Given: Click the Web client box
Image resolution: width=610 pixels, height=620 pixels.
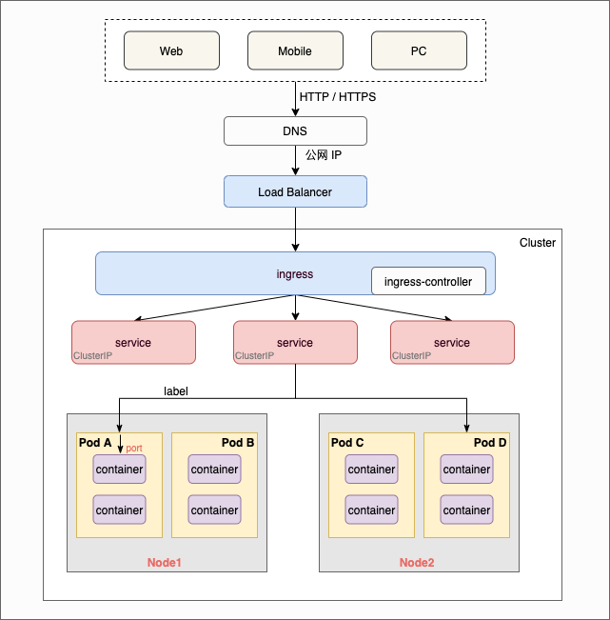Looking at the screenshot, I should (x=171, y=51).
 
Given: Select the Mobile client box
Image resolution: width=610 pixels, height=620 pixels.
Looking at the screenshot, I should (x=295, y=51).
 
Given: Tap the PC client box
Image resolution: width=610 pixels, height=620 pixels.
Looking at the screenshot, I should (x=419, y=51).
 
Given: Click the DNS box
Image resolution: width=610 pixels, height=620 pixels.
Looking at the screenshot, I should (x=295, y=130).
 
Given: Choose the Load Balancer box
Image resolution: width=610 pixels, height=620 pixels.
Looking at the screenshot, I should (x=295, y=191).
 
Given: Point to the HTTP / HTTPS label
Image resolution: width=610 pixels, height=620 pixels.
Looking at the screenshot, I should (x=338, y=97).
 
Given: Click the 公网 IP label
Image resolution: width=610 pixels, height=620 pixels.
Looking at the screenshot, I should (x=323, y=154).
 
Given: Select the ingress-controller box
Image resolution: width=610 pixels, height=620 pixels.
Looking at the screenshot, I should (x=427, y=282).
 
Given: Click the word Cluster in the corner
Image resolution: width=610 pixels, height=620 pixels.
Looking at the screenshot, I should (x=538, y=243).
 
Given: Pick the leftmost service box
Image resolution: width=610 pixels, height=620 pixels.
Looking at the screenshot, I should (x=133, y=342).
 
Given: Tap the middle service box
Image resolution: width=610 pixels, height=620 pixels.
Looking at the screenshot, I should (x=295, y=342).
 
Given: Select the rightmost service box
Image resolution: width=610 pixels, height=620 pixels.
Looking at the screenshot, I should (x=452, y=342).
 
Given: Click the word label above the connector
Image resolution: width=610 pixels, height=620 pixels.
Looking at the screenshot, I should (x=176, y=391).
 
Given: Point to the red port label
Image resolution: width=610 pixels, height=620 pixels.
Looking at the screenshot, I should (x=134, y=448).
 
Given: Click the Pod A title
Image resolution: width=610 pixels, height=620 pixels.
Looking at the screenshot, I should (x=95, y=443).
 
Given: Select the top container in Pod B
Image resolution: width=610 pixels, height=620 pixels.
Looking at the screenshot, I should (x=214, y=470).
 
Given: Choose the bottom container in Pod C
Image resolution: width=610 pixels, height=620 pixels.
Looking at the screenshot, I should (x=371, y=510).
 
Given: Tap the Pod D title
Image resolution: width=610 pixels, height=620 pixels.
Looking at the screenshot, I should (x=489, y=443).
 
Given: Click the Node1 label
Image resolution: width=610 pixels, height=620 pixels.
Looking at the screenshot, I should (x=164, y=563).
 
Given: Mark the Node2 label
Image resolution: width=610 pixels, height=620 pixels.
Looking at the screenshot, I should (x=417, y=563).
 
